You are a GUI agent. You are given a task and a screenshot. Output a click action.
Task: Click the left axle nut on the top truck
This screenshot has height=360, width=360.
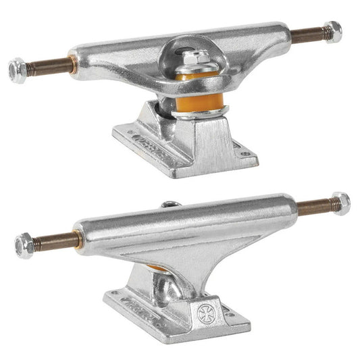click(x=18, y=70)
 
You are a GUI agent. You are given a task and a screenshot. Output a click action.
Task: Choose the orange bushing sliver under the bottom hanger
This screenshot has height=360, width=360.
click(x=157, y=268)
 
